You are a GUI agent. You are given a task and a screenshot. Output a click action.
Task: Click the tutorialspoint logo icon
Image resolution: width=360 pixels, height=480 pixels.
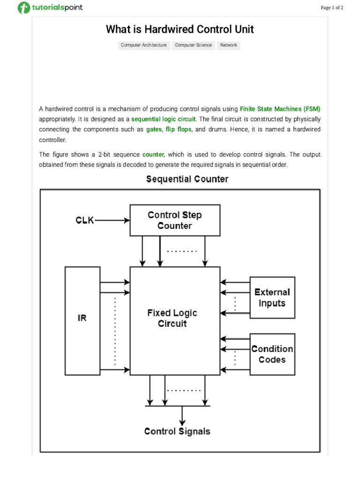click(x=23, y=7)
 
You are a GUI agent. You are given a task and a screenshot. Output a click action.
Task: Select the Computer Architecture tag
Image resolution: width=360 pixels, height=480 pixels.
click(x=143, y=45)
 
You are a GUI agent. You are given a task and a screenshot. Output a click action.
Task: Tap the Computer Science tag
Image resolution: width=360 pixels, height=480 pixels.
click(x=194, y=45)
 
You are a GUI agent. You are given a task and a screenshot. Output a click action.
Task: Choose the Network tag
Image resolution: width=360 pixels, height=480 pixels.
click(x=229, y=45)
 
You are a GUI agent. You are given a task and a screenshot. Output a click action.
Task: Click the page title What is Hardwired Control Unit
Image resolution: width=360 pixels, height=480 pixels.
click(x=180, y=30)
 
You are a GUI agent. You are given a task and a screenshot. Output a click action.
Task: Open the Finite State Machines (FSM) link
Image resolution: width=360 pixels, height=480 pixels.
click(x=280, y=109)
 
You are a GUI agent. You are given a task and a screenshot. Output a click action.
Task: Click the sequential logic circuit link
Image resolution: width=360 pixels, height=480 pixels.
click(x=163, y=119)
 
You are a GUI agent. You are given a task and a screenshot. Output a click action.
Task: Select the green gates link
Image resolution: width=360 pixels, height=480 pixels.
click(x=154, y=129)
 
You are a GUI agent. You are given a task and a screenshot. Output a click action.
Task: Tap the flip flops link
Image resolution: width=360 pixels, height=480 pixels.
click(x=178, y=129)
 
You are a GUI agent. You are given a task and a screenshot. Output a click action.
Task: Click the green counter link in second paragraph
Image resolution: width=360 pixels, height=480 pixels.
click(x=153, y=154)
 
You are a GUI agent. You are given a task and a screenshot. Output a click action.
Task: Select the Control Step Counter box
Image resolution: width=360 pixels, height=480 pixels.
click(x=175, y=220)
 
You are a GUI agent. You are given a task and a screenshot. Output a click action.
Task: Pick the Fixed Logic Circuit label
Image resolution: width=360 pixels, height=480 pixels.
click(x=172, y=318)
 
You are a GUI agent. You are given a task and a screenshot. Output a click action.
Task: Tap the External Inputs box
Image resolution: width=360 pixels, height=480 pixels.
click(x=272, y=298)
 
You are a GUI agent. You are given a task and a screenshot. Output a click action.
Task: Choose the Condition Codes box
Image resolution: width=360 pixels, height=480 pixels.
click(x=272, y=354)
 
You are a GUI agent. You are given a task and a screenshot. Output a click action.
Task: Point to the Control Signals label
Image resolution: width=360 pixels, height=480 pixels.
click(x=177, y=432)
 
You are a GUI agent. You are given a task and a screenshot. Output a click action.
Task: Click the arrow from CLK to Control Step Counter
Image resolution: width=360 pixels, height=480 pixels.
click(x=112, y=220)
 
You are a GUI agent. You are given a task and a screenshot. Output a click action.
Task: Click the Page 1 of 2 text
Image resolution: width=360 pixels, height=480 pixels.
click(x=332, y=7)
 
